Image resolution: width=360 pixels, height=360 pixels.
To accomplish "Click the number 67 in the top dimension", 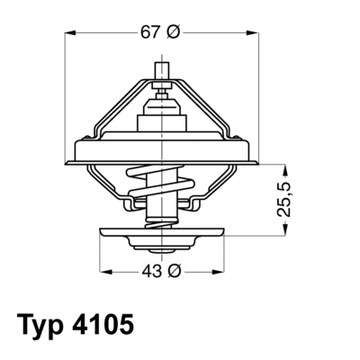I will pyautogui.click(x=152, y=32).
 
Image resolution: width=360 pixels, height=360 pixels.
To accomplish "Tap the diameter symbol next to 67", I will pyautogui.click(x=175, y=32).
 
